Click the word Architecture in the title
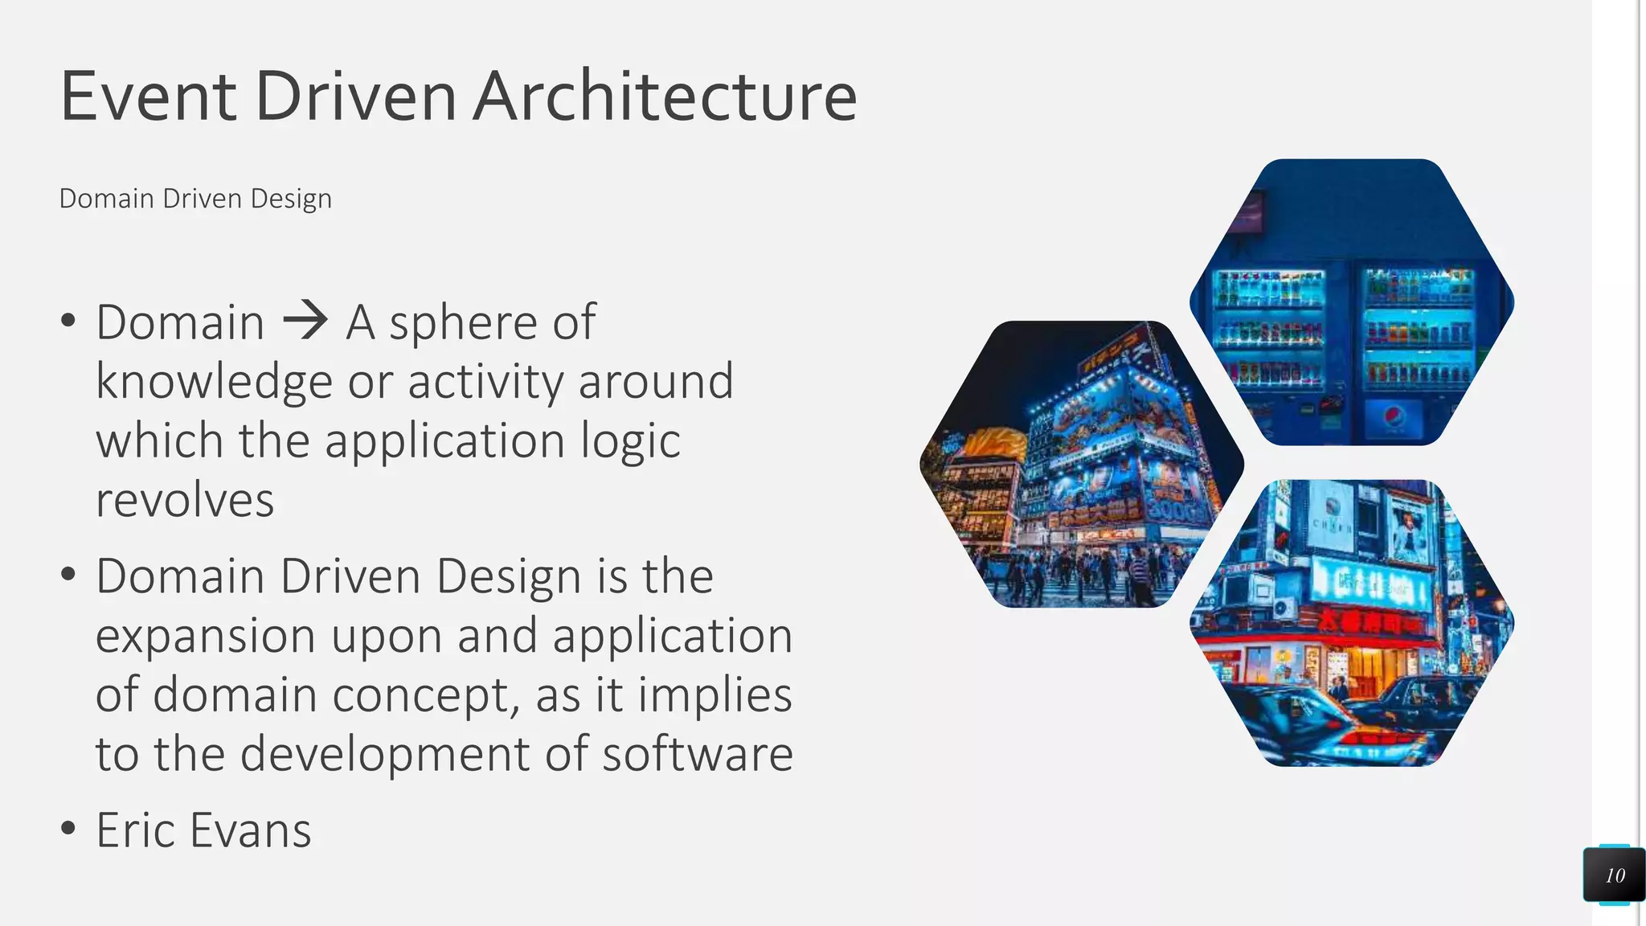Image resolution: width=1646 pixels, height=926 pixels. (665, 96)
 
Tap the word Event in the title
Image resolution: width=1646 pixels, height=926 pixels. (148, 96)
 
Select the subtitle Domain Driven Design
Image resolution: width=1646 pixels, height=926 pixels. (195, 199)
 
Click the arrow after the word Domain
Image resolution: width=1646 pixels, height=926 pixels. (305, 321)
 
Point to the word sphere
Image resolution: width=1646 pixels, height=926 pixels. (463, 323)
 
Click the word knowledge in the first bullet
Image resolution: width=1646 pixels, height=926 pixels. (214, 382)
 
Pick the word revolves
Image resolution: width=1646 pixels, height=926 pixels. (185, 500)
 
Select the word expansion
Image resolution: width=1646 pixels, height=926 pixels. (206, 636)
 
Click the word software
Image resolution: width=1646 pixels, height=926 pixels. (698, 754)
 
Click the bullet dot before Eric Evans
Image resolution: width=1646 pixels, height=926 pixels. (68, 828)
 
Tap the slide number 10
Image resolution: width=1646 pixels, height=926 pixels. (1615, 875)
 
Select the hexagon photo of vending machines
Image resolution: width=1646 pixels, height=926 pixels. (1351, 302)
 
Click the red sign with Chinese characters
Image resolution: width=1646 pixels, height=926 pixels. (1366, 621)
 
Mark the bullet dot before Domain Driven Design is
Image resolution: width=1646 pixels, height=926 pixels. (68, 574)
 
